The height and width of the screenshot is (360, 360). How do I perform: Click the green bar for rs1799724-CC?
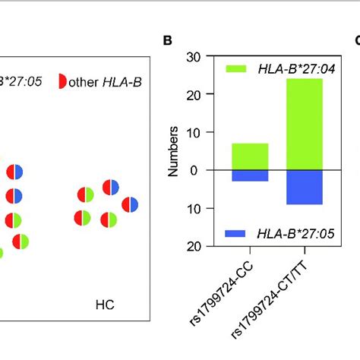pos(250,156)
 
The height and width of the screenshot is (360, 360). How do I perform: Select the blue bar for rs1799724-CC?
pos(250,175)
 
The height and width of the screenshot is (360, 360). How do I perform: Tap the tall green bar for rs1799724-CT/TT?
pos(304,125)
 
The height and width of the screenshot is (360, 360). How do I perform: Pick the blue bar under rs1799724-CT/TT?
pos(304,188)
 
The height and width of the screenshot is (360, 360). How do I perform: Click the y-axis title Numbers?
pos(174,151)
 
